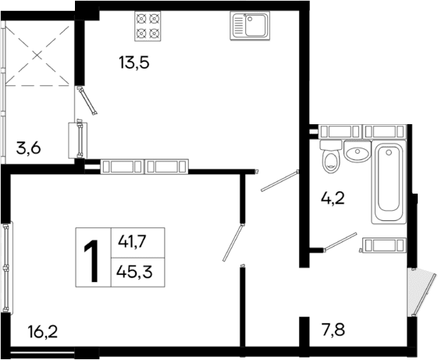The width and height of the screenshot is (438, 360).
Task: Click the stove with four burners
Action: [148, 26]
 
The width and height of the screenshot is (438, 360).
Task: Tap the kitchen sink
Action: [249, 26]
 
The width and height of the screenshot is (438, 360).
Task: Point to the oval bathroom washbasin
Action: [358, 152]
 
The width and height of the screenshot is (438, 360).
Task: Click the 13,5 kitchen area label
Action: [134, 62]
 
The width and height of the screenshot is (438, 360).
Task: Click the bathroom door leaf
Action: [340, 242]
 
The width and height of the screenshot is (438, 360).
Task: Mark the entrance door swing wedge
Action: [421, 290]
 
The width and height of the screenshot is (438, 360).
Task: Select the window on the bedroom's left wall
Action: [7, 267]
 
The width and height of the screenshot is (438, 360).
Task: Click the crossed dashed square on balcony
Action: [39, 53]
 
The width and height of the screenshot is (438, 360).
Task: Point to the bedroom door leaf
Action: [233, 244]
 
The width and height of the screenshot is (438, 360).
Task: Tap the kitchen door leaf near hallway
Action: [279, 181]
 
